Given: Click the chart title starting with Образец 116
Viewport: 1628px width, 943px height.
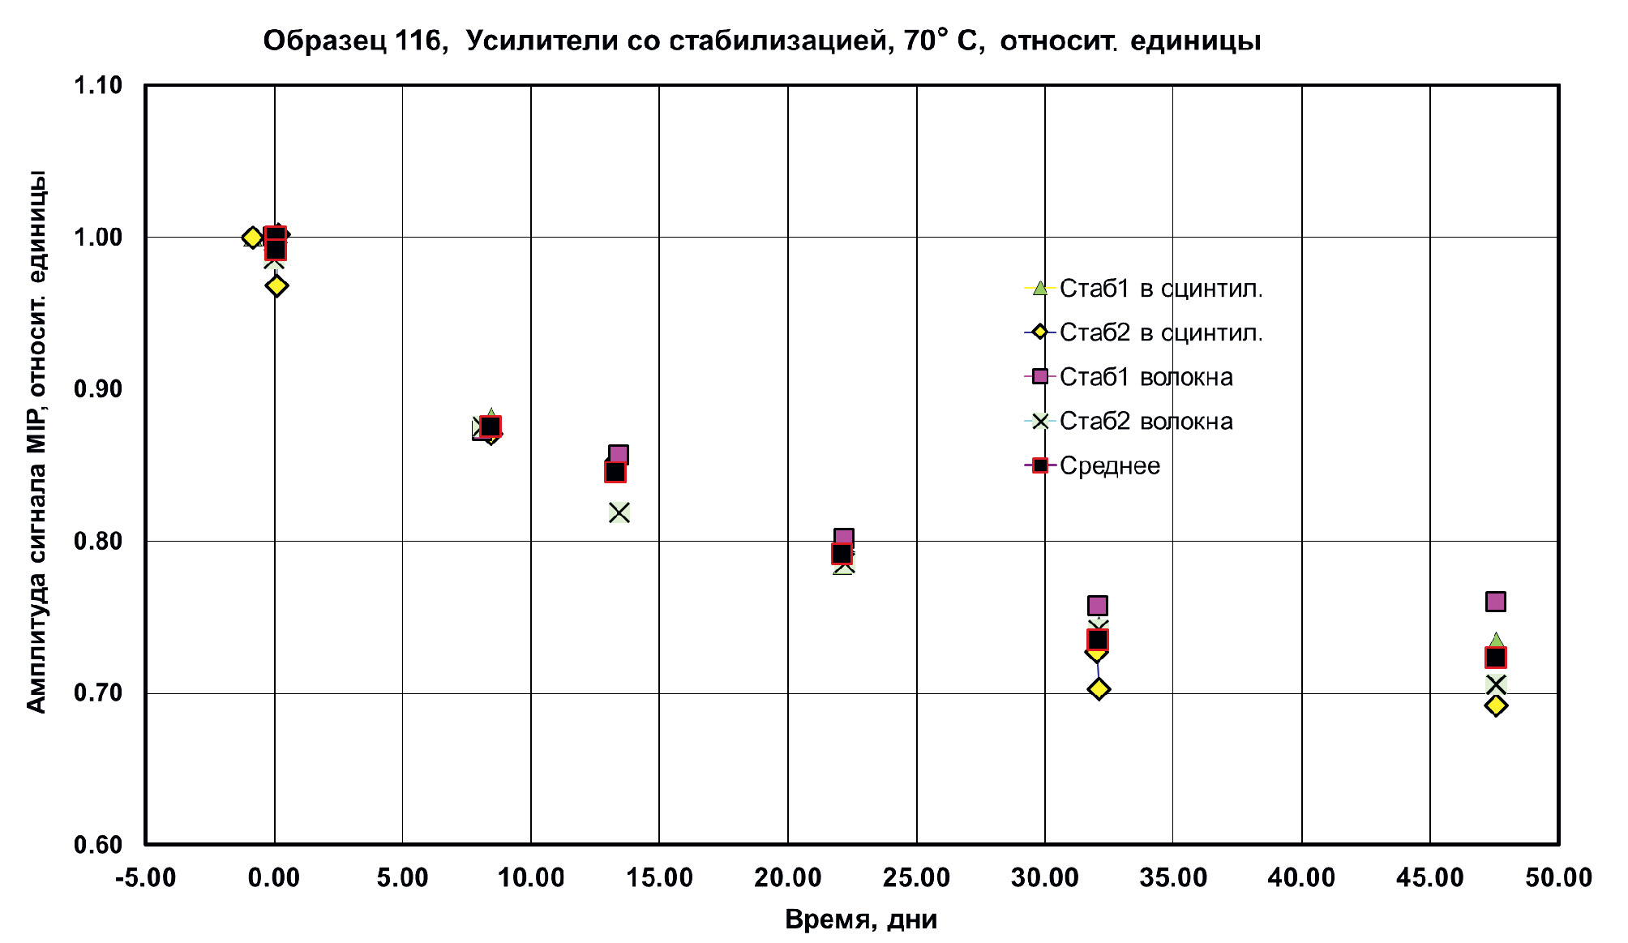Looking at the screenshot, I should tap(761, 41).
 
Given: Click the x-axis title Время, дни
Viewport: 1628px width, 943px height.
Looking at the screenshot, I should tap(861, 919).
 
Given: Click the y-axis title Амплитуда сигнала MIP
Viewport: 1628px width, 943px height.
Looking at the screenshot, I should tap(36, 442).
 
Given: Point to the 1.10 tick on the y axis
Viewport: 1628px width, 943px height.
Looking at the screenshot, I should tap(98, 85).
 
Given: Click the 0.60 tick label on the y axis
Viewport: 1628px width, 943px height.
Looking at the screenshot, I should tap(98, 845).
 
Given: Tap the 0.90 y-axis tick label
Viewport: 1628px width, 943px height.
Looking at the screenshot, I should tap(98, 389).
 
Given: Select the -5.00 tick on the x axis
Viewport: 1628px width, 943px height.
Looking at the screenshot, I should tap(146, 877).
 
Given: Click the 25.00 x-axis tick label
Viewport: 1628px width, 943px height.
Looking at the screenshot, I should tap(917, 877).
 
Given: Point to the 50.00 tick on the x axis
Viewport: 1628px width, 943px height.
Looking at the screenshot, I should tap(1558, 877).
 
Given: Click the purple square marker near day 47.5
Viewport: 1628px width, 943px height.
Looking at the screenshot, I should tap(1496, 602).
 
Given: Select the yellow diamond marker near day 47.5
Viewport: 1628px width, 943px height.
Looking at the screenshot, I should tap(1497, 705).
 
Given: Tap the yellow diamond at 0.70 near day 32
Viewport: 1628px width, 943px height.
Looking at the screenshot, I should tap(1099, 689).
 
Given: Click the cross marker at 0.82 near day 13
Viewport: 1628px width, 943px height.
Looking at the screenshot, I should tap(619, 512).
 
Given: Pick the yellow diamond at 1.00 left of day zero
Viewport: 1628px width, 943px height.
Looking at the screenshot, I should tap(252, 238).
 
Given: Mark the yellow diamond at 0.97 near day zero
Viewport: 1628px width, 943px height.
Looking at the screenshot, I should tap(276, 285).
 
